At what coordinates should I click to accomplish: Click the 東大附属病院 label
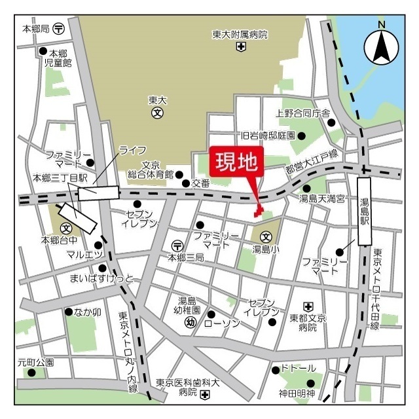click(x=240, y=34)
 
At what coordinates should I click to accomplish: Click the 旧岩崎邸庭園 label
click(x=268, y=136)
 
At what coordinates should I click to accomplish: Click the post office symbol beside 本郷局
click(x=59, y=29)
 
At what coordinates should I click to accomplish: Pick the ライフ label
click(x=132, y=150)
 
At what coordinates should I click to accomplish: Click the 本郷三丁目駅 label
click(x=60, y=177)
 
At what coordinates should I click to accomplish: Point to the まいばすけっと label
click(x=101, y=279)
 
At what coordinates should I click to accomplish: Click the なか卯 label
click(x=87, y=312)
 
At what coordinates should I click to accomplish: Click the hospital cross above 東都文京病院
click(x=308, y=305)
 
